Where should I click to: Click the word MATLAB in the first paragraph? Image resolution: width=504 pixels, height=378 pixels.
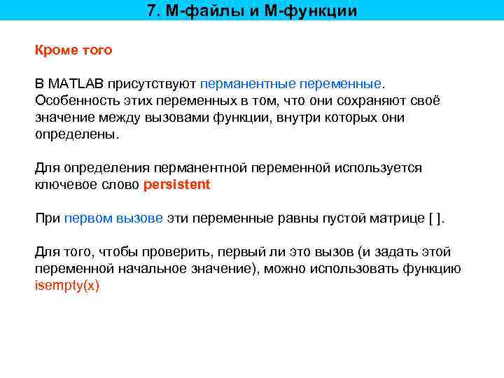pos(75,84)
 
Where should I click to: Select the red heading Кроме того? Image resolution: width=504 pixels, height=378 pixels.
pos(73,50)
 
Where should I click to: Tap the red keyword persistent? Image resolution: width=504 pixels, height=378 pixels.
pos(176,185)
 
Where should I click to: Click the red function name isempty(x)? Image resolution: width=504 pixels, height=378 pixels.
pos(67,286)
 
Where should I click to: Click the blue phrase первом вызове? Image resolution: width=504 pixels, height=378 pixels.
pos(113,218)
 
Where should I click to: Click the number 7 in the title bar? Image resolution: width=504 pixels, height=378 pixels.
pos(152,11)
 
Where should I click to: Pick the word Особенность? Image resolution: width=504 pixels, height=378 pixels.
pos(73,101)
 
